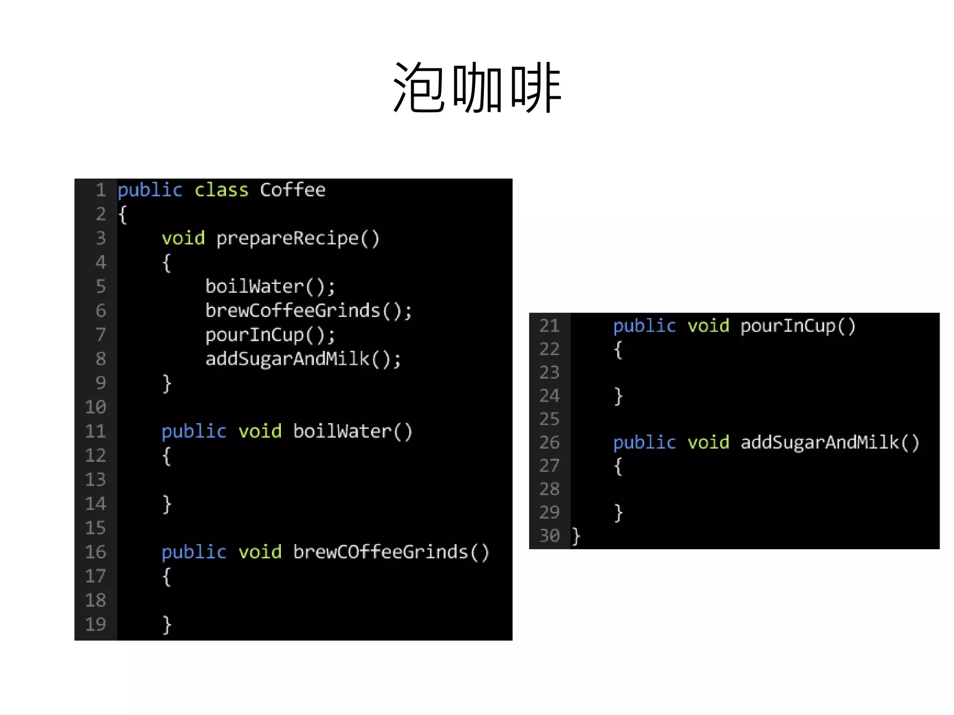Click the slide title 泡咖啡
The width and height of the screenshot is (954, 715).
pyautogui.click(x=477, y=88)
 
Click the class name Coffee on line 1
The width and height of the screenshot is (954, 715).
pyautogui.click(x=293, y=190)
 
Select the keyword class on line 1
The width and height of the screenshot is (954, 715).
pyautogui.click(x=221, y=190)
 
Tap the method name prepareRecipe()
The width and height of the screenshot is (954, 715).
pyautogui.click(x=298, y=238)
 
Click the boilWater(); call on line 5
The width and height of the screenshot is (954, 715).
pyautogui.click(x=270, y=287)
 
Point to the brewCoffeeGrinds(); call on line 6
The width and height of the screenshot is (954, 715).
pyautogui.click(x=308, y=311)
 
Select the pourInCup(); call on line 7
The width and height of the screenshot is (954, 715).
pyautogui.click(x=270, y=335)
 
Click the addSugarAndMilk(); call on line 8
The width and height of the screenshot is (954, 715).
pyautogui.click(x=303, y=359)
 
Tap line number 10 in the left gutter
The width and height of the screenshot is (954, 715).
pyautogui.click(x=95, y=407)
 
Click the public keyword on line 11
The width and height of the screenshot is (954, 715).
pyautogui.click(x=194, y=432)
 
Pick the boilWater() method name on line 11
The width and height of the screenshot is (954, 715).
pyautogui.click(x=353, y=432)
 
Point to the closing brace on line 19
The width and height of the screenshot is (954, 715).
pyautogui.click(x=167, y=625)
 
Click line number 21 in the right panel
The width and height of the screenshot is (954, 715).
pyautogui.click(x=549, y=326)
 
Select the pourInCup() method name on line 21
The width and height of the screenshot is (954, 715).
pyautogui.click(x=798, y=326)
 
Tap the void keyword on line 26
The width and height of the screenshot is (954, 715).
pyautogui.click(x=708, y=442)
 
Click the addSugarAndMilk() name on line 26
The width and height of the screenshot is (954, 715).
pyautogui.click(x=830, y=442)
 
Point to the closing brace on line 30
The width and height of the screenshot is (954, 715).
pyautogui.click(x=576, y=536)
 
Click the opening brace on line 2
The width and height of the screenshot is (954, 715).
pyautogui.click(x=123, y=215)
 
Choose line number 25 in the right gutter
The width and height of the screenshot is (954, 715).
pyautogui.click(x=549, y=419)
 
